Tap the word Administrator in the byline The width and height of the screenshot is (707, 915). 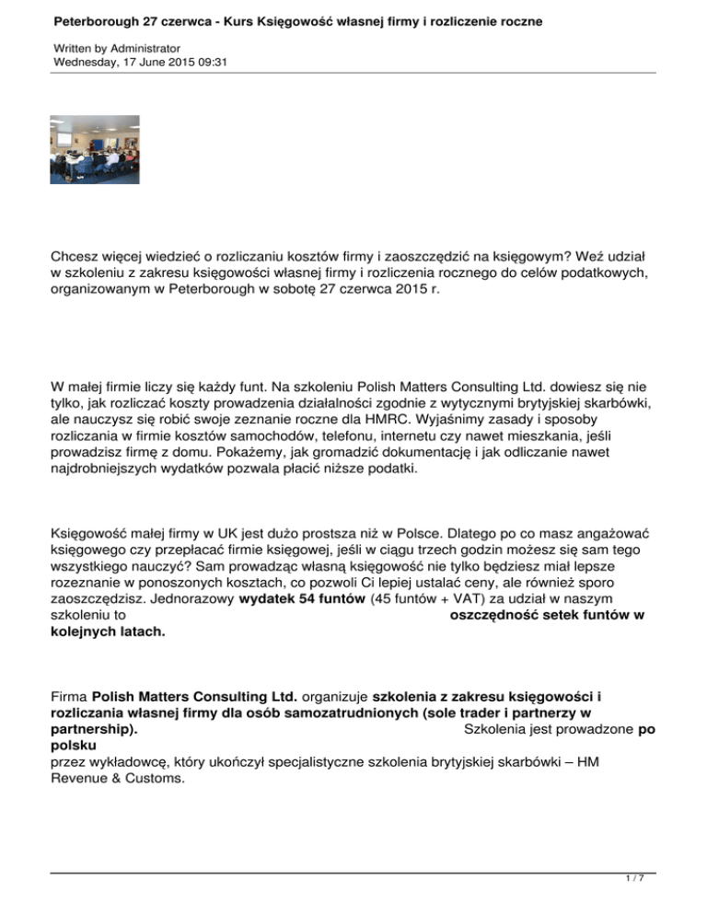click(144, 47)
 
